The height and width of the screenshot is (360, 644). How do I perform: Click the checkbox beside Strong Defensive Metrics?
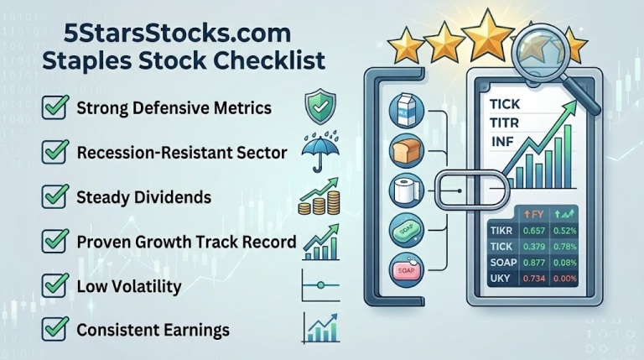click(x=55, y=110)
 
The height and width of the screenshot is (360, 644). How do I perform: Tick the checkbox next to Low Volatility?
click(x=55, y=287)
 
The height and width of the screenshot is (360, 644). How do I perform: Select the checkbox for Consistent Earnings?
click(x=55, y=330)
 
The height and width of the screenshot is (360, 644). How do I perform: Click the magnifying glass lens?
click(x=542, y=56)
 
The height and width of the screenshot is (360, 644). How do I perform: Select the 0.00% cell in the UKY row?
click(x=563, y=278)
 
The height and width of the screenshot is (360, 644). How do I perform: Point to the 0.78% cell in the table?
click(x=563, y=246)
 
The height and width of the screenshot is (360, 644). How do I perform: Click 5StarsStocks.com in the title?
click(x=178, y=34)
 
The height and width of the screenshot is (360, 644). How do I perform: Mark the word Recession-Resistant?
click(x=146, y=154)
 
